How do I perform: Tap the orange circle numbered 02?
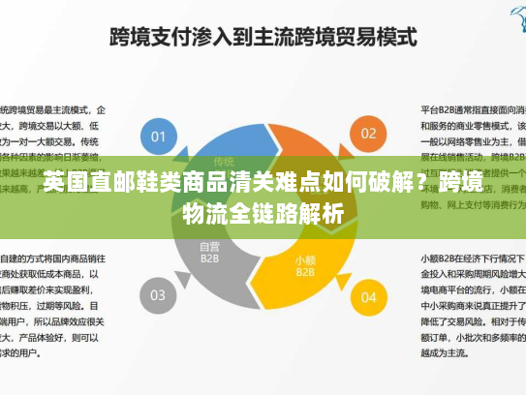pyautogui.click(x=369, y=134)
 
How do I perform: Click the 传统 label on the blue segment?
pyautogui.click(x=224, y=161)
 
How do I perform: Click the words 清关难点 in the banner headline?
pyautogui.click(x=262, y=183)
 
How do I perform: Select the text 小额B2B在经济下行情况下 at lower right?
pyautogui.click(x=471, y=259)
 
